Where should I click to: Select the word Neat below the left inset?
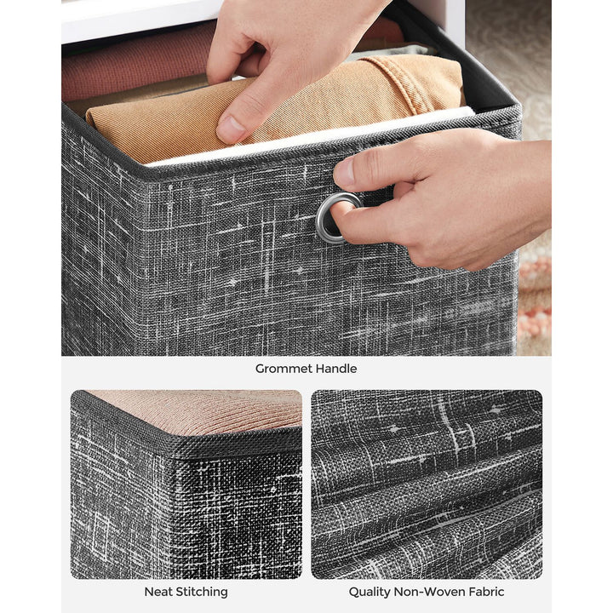coord(158,591)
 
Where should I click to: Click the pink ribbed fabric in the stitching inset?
coord(204,409)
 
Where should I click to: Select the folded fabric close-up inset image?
coord(426,484)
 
